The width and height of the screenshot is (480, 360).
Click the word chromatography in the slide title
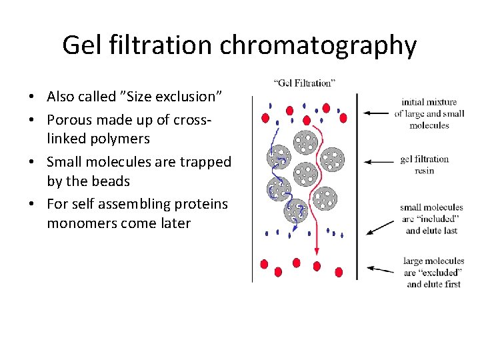click(318, 46)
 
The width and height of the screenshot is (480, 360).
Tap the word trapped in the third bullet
click(207, 161)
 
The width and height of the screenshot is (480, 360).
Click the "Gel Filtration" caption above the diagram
click(304, 83)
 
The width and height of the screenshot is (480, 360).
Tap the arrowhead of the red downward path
click(317, 252)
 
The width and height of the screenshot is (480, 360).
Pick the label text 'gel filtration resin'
click(425, 165)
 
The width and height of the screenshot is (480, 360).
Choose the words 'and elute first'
click(433, 284)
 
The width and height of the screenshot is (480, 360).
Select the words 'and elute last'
click(432, 230)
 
